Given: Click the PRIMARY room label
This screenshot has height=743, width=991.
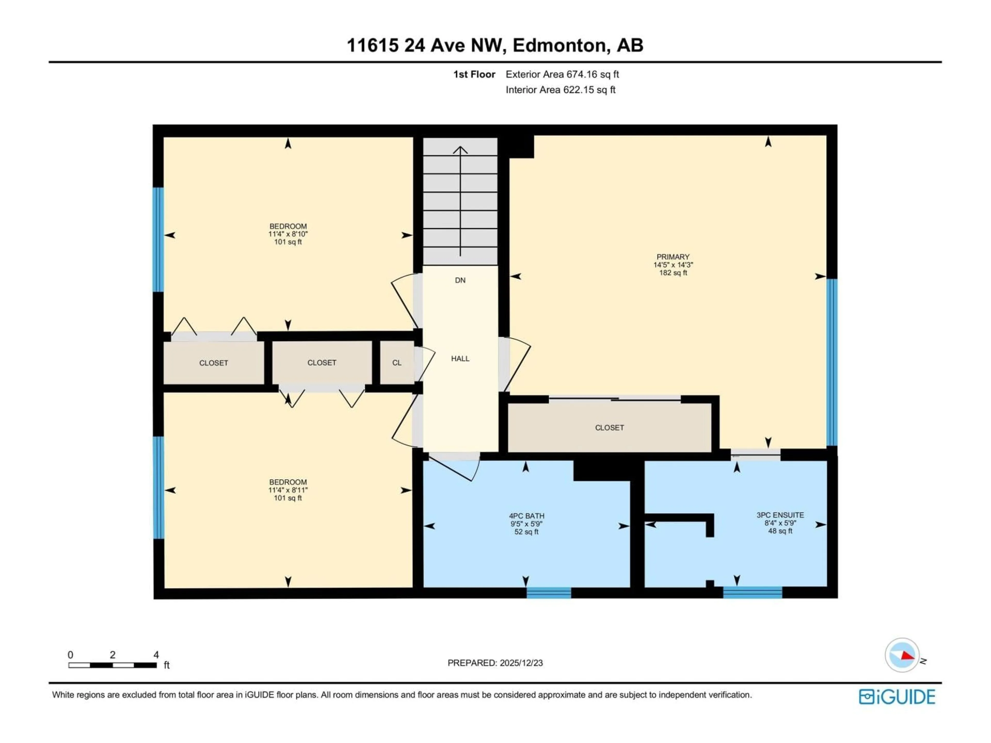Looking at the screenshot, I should [673, 257].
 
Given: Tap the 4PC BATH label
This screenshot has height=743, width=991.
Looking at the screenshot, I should [526, 516].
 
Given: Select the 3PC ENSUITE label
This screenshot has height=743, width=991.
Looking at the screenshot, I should [780, 515].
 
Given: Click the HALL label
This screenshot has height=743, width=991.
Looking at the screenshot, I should [460, 358].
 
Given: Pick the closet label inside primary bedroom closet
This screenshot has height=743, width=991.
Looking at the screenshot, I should [609, 428].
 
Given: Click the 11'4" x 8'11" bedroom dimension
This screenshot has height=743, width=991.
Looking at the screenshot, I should [288, 490].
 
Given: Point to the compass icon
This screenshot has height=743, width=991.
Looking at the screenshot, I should [902, 655].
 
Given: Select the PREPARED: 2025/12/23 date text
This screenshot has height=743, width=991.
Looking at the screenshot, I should [495, 663].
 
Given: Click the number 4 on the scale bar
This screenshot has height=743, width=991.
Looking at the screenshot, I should [156, 655].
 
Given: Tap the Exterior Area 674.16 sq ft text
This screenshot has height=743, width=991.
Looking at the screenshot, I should [562, 74].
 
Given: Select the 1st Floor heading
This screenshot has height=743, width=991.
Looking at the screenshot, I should [474, 74].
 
